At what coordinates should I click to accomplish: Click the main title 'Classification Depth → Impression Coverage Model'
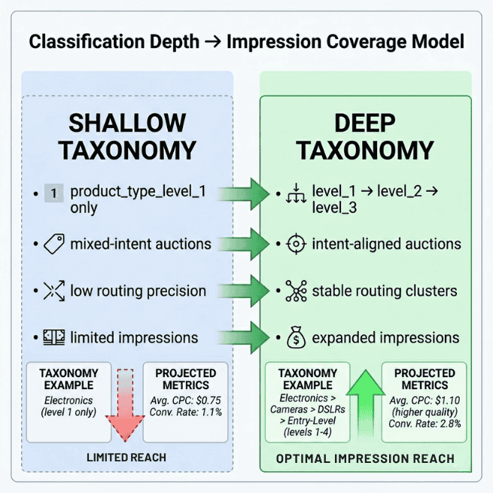[x=246, y=41]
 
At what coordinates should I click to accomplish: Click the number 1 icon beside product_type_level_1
[x=53, y=193]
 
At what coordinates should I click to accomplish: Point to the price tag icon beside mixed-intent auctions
[x=53, y=243]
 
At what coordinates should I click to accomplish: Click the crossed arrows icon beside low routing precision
[x=53, y=291]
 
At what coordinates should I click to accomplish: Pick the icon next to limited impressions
[x=53, y=338]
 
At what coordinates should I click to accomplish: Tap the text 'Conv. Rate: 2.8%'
[x=425, y=424]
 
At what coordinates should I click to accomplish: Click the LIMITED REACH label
[x=126, y=458]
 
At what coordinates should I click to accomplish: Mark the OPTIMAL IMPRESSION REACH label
[x=365, y=458]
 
